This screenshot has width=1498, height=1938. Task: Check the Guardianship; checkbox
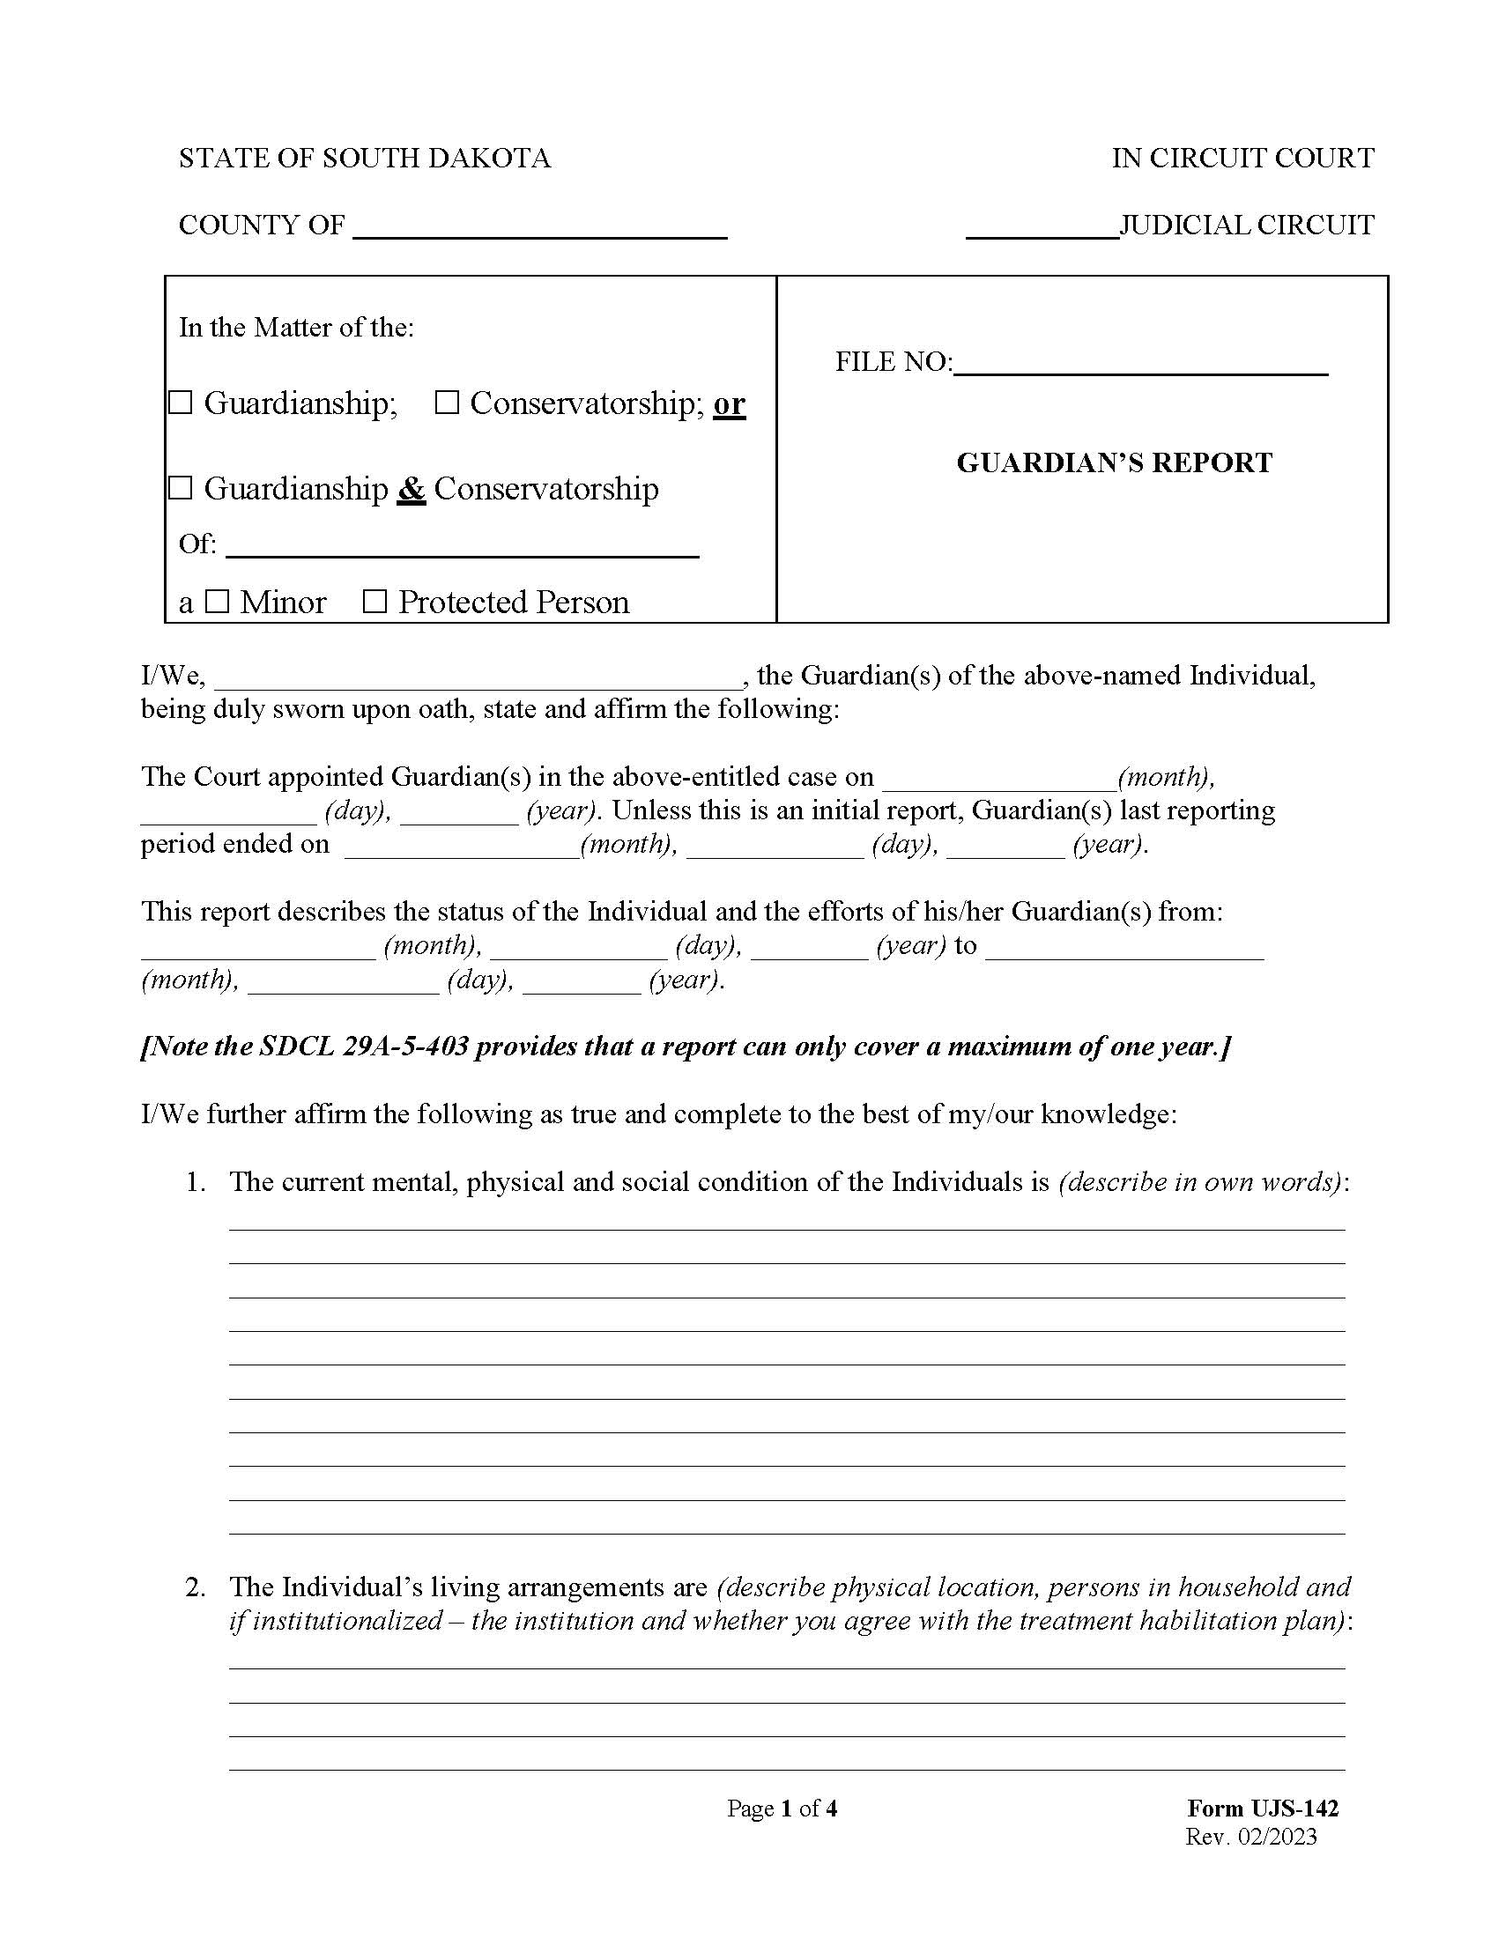pyautogui.click(x=181, y=403)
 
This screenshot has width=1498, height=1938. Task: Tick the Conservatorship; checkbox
pyautogui.click(x=447, y=403)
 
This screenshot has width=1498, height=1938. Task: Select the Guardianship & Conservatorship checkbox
pyautogui.click(x=181, y=488)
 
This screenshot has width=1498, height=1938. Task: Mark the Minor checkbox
pyautogui.click(x=218, y=602)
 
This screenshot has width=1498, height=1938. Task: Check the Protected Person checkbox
pyautogui.click(x=375, y=602)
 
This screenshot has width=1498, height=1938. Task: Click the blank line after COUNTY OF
pyautogui.click(x=539, y=229)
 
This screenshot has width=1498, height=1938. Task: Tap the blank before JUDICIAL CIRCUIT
pyautogui.click(x=1042, y=229)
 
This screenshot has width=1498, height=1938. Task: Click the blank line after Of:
pyautogui.click(x=463, y=547)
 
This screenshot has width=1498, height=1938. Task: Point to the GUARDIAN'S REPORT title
pyautogui.click(x=1115, y=462)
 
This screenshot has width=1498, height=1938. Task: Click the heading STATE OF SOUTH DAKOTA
pyautogui.click(x=365, y=158)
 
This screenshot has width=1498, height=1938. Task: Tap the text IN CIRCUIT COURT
pyautogui.click(x=1242, y=158)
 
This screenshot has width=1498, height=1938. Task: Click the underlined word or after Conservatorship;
pyautogui.click(x=730, y=403)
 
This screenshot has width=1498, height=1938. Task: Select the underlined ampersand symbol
pyautogui.click(x=411, y=489)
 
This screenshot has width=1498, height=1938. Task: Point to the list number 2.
pyautogui.click(x=196, y=1587)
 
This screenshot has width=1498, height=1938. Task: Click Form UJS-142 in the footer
pyautogui.click(x=1262, y=1808)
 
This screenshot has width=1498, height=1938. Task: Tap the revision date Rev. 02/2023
pyautogui.click(x=1250, y=1836)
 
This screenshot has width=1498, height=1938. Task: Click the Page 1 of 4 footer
pyautogui.click(x=782, y=1808)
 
